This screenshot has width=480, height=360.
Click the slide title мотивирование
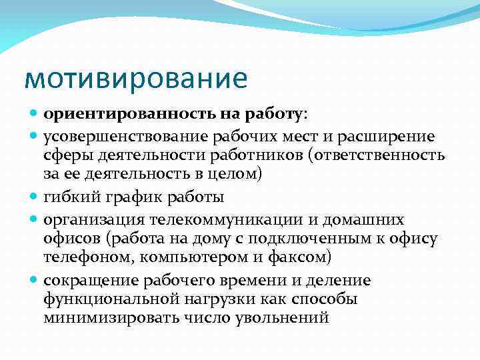pyautogui.click(x=135, y=78)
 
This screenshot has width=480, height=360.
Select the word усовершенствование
pyautogui.click(x=128, y=137)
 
